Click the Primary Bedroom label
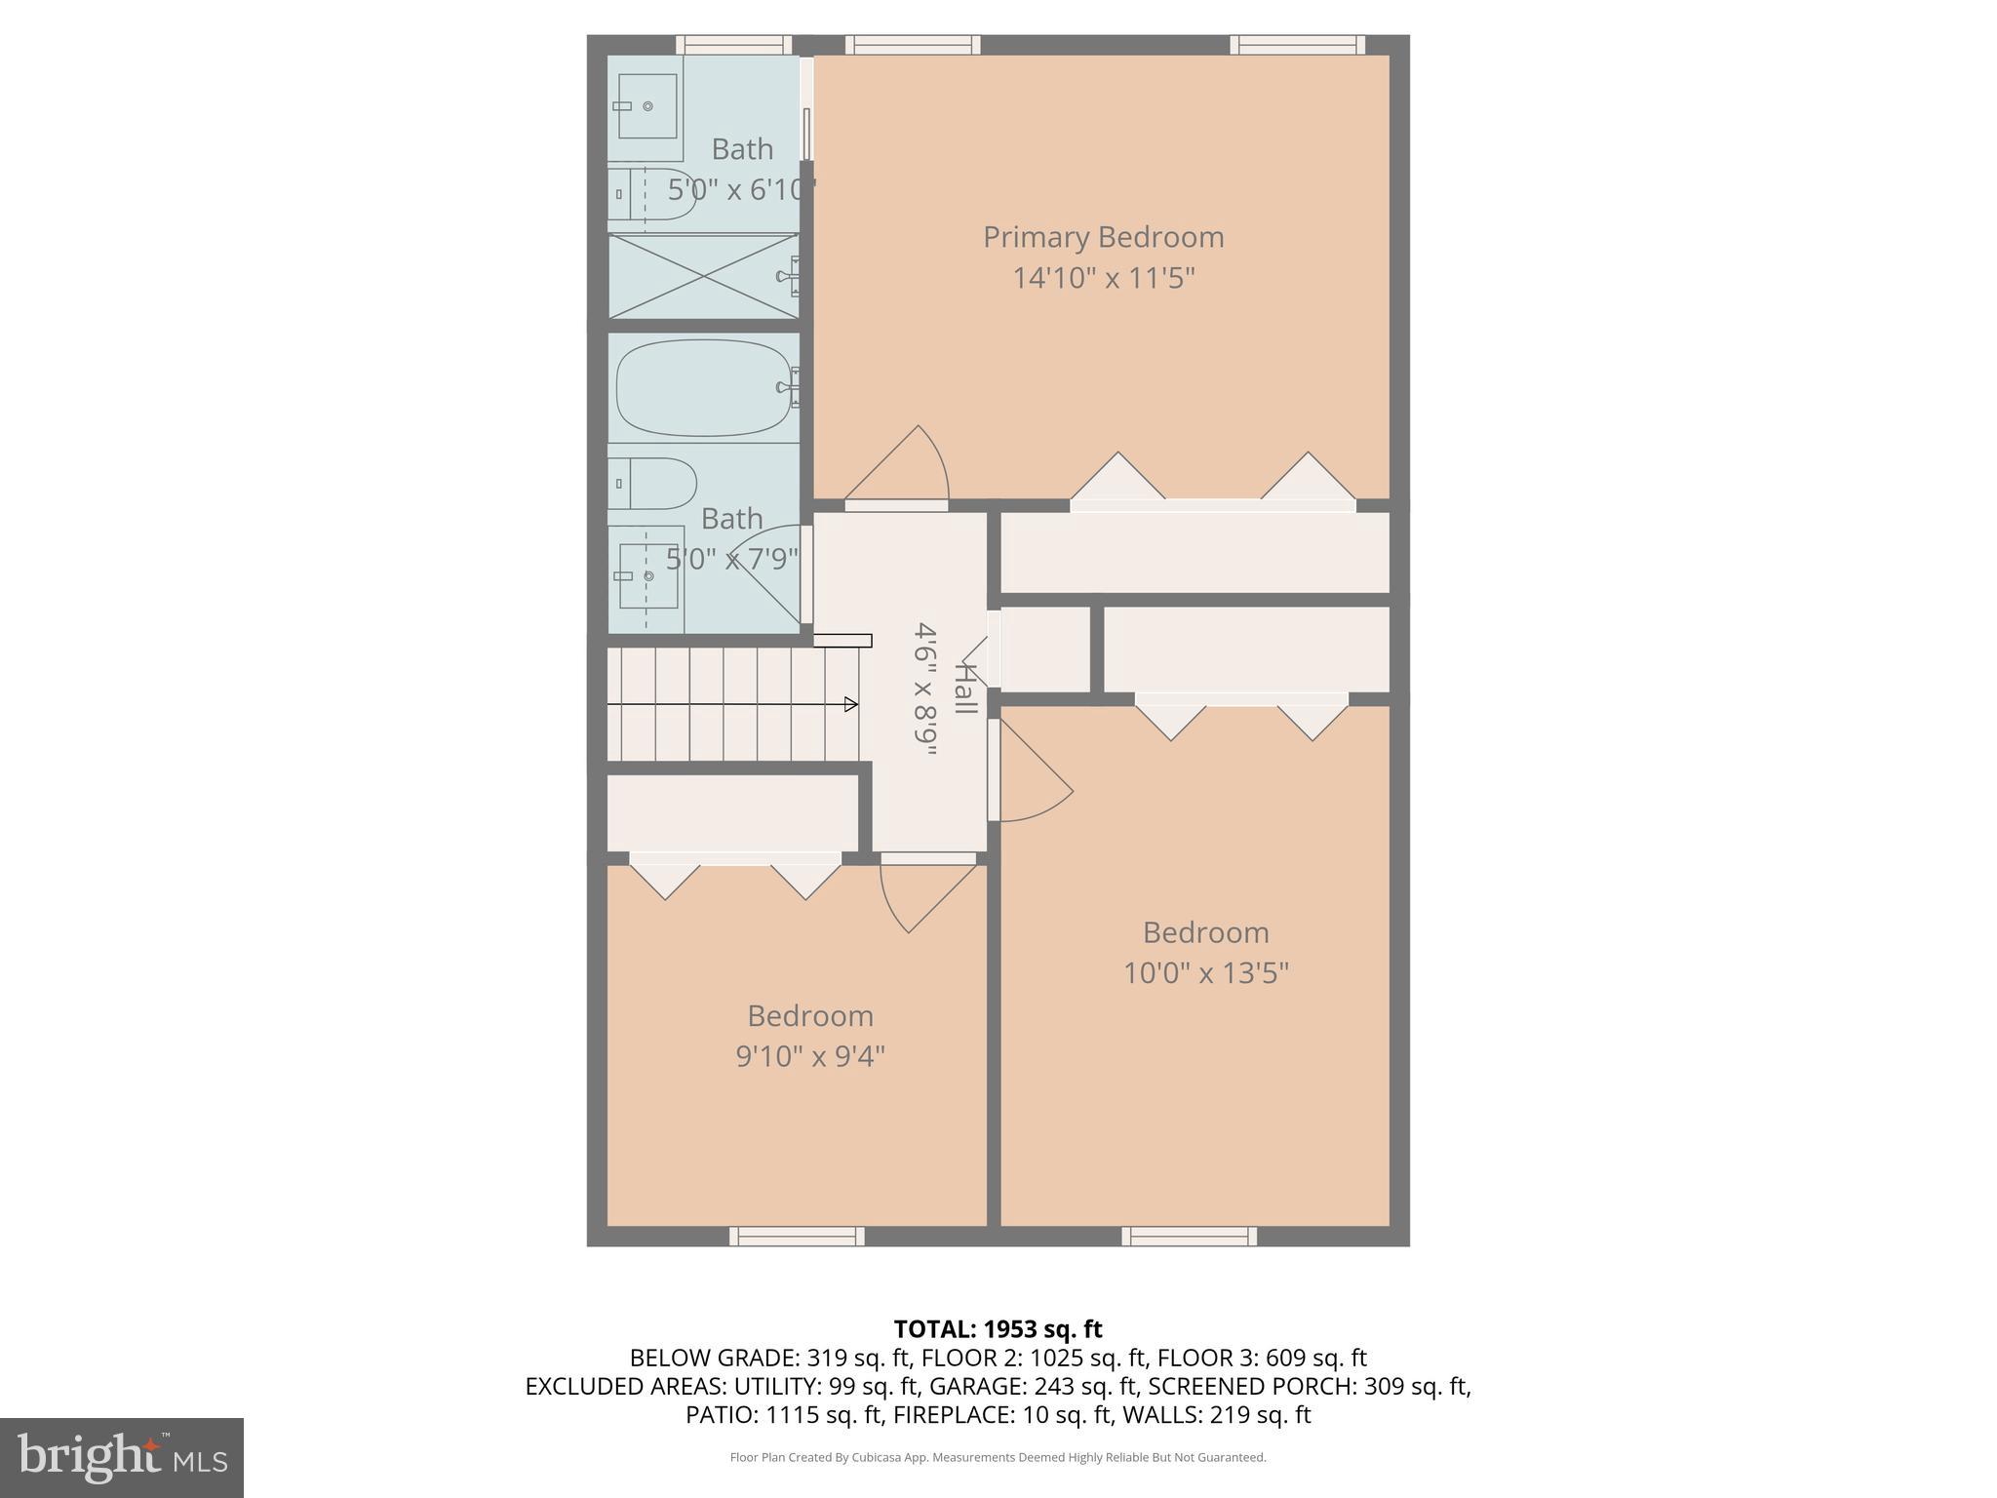click(1103, 237)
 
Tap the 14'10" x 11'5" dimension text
click(1103, 279)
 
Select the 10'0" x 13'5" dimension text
click(1205, 973)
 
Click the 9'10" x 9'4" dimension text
click(809, 1056)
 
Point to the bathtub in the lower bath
click(703, 387)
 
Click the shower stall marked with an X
click(702, 276)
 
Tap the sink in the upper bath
click(646, 106)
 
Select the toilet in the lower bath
click(653, 484)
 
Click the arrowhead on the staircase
click(850, 704)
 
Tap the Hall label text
click(964, 689)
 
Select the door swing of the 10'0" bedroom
click(1032, 780)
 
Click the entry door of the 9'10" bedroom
click(921, 892)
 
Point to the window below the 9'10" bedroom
click(797, 1237)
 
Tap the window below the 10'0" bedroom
click(1189, 1237)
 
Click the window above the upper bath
click(733, 44)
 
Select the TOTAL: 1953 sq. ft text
click(998, 1329)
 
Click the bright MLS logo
click(122, 1457)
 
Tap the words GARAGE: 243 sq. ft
click(1034, 1386)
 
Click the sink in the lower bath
click(647, 576)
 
